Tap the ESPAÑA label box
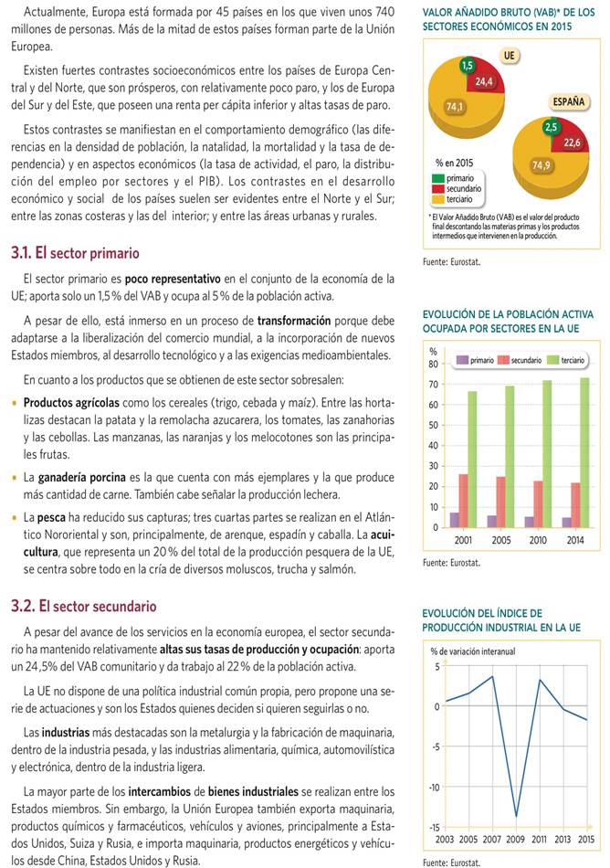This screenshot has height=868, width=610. (x=569, y=101)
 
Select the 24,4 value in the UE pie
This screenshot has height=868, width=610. (x=484, y=81)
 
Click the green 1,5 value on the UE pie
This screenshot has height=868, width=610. (x=467, y=65)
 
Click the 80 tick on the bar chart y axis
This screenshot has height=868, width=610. (x=433, y=364)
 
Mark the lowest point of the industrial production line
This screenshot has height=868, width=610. (x=517, y=816)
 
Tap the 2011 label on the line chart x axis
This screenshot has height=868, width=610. (x=540, y=839)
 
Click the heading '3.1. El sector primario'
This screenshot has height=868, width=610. (x=75, y=252)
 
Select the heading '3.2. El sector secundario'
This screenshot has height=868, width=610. (x=83, y=606)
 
